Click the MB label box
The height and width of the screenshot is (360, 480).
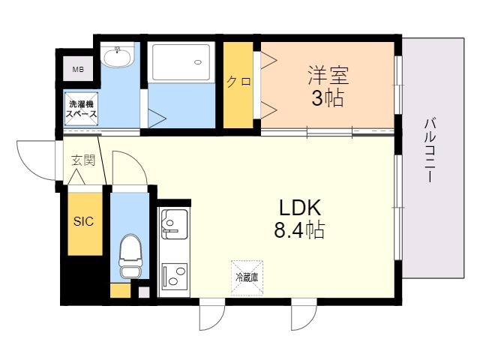(x=78, y=70)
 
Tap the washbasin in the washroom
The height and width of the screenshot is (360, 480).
(x=117, y=56)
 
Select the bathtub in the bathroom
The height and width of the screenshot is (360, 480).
(x=181, y=62)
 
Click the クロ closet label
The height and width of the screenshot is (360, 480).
(x=238, y=82)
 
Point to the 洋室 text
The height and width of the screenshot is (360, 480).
(x=328, y=76)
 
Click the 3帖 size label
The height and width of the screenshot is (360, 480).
(x=328, y=98)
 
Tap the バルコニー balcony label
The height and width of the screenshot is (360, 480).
(x=430, y=150)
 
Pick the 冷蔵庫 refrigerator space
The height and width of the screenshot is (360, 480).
(x=247, y=277)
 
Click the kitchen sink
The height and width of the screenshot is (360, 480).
(x=174, y=223)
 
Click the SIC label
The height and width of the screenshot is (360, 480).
(x=82, y=221)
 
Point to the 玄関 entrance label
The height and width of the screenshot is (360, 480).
(x=82, y=160)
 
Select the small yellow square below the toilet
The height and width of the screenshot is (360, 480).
(x=119, y=291)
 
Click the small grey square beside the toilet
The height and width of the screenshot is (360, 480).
(x=143, y=291)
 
